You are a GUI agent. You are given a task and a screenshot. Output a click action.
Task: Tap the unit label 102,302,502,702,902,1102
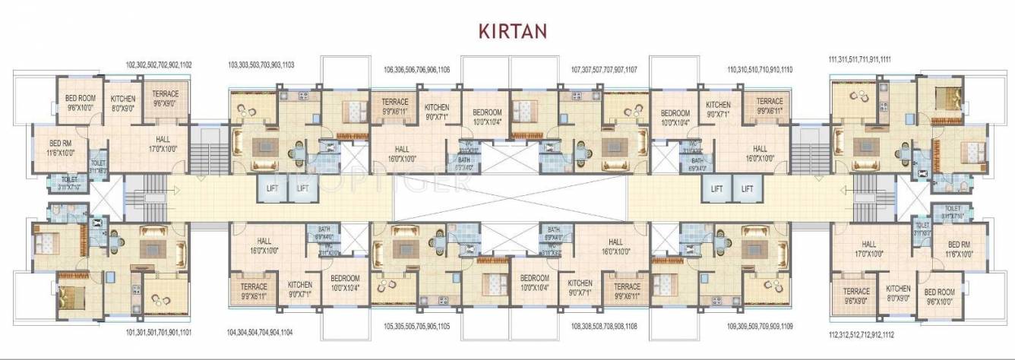pos(159,65)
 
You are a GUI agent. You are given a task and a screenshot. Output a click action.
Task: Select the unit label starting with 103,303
pos(261,65)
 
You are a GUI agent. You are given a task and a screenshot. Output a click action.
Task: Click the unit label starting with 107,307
pos(604,70)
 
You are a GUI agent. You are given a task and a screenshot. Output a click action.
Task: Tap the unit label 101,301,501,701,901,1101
pos(159,333)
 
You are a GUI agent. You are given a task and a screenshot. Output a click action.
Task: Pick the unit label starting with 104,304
pos(260,333)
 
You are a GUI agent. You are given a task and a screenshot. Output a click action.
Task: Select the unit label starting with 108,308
pos(604,326)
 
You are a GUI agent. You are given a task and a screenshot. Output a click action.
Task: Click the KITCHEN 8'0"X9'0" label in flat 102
pos(123,103)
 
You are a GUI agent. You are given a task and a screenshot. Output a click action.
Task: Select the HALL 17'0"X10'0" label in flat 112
pos(869,248)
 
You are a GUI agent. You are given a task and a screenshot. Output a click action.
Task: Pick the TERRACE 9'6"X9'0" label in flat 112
pos(856,295)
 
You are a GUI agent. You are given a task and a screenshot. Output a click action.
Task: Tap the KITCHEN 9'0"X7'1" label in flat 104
pos(299,289)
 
